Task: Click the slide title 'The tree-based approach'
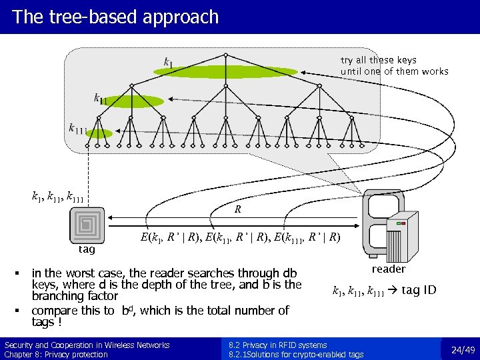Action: [x=115, y=17]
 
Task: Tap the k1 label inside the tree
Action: [x=169, y=63]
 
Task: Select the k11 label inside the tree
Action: [x=100, y=99]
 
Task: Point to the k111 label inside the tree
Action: [x=78, y=128]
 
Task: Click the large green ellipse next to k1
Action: [x=230, y=71]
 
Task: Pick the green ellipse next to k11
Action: [x=135, y=101]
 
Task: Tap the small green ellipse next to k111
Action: [x=99, y=133]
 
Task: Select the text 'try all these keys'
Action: [x=378, y=60]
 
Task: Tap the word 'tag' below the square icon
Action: [x=87, y=250]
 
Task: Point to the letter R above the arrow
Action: [x=237, y=209]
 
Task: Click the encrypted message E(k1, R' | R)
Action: [x=176, y=237]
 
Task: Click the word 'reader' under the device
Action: [x=389, y=269]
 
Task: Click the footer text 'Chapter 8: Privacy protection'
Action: [x=56, y=354]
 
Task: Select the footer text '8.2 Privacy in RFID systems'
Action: [x=277, y=345]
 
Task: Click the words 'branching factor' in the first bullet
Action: [x=75, y=296]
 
